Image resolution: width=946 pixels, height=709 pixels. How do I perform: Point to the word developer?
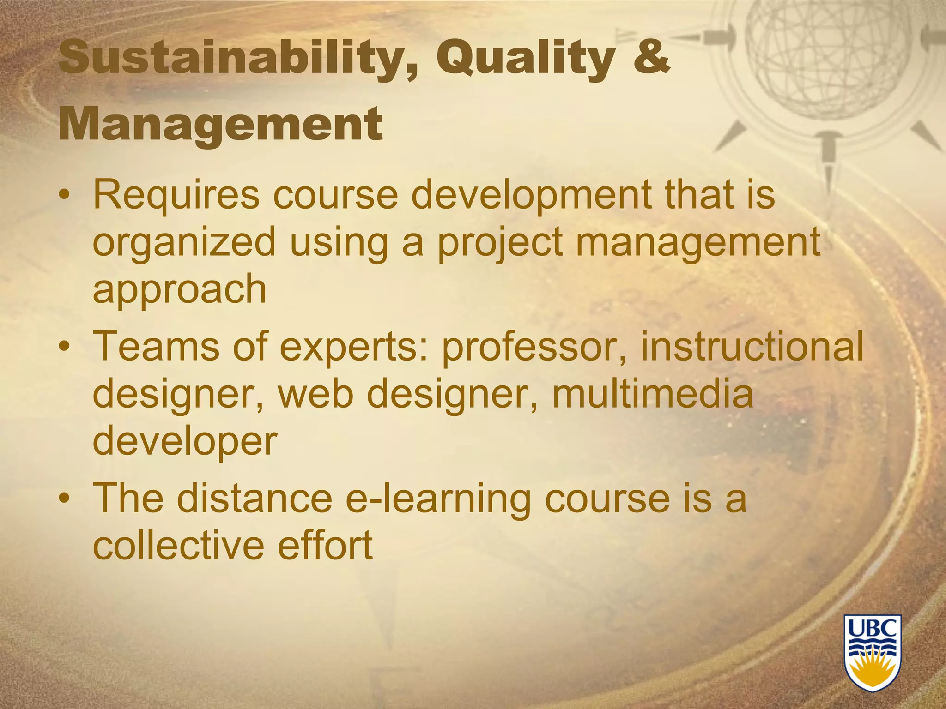click(185, 442)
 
